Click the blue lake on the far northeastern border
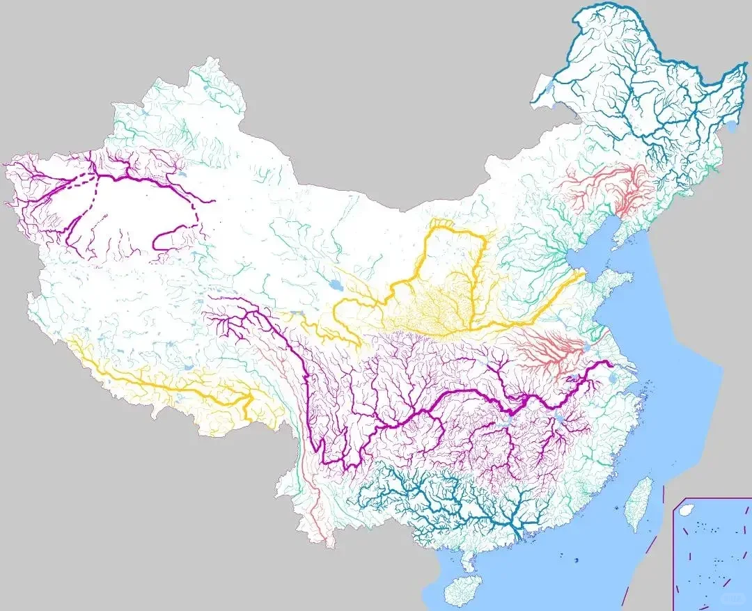tap(731, 126)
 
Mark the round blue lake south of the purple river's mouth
tap(612, 379)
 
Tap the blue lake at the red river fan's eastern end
tap(586, 345)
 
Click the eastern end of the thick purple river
tap(611, 363)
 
